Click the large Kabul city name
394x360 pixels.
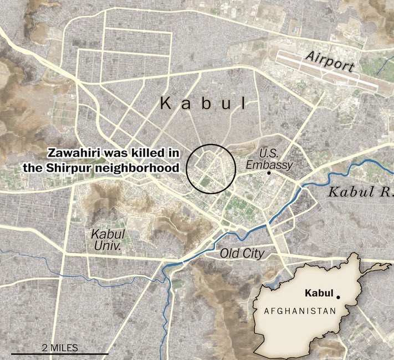pos(202,103)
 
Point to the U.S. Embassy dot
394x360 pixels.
pos(269,173)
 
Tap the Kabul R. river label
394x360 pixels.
pos(360,193)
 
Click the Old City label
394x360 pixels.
pos(242,254)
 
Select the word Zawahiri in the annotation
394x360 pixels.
pos(73,153)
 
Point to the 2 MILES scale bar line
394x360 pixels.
pos(60,353)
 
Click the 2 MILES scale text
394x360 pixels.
pos(60,347)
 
